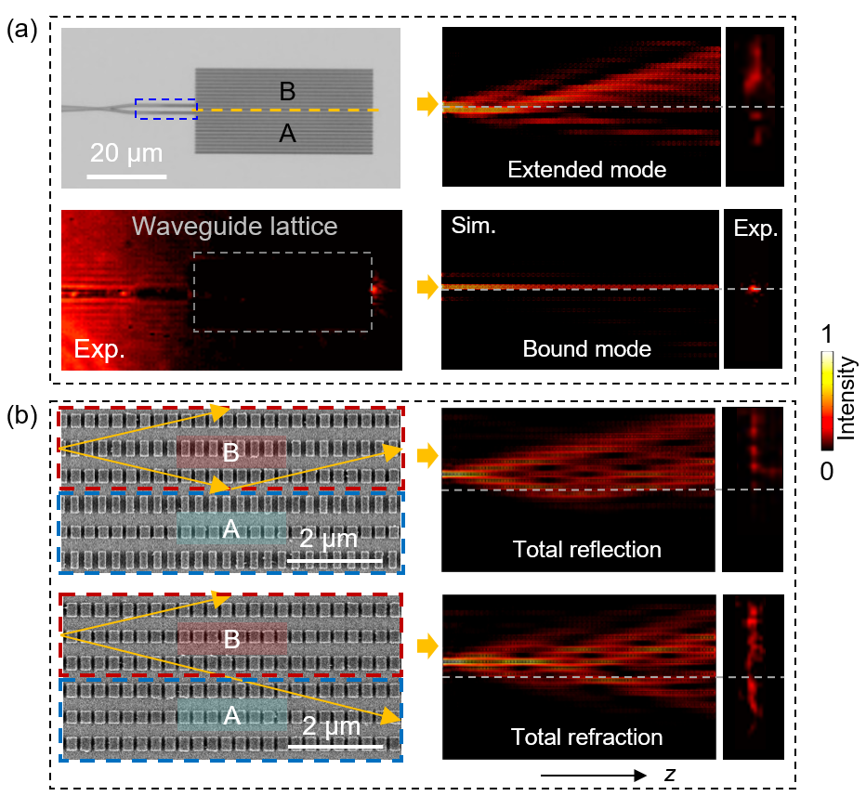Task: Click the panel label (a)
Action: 22,30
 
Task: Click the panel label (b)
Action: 22,416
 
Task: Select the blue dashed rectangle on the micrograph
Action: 166,109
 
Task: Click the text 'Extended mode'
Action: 586,170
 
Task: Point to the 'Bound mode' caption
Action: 585,349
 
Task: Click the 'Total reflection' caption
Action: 586,549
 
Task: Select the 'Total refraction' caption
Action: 586,737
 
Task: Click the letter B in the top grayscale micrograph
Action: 287,91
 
